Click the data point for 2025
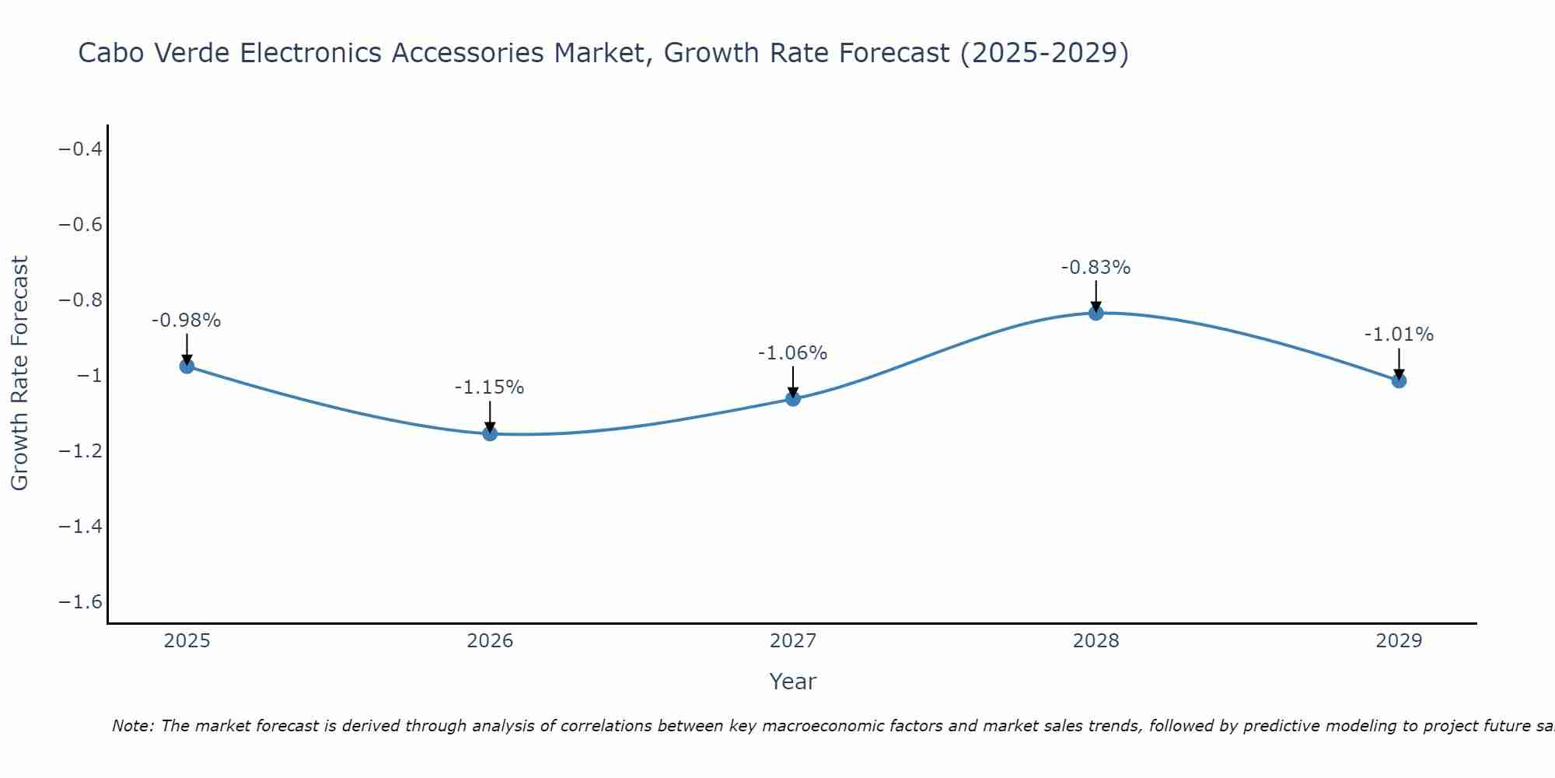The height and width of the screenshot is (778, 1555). pos(187,366)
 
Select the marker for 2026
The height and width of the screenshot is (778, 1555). pos(490,433)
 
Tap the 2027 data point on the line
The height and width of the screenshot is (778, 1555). pos(793,399)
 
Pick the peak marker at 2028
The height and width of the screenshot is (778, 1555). pos(1096,313)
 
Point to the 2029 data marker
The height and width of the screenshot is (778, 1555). pos(1399,380)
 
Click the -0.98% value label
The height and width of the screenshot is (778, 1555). pos(187,321)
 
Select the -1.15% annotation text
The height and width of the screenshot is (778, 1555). pos(490,387)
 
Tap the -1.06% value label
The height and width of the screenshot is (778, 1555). pos(793,353)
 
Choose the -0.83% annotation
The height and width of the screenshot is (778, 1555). pos(1096,268)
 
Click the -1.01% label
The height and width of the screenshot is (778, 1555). pos(1399,335)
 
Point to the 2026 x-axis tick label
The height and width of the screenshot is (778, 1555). pos(490,641)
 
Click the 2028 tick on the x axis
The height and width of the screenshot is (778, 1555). pos(1096,641)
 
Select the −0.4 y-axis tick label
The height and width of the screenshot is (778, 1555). pos(81,149)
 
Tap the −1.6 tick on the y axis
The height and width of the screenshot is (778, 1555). pos(81,602)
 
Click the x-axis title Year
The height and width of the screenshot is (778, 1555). pos(792,682)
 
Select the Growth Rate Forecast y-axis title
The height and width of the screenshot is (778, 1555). pos(19,373)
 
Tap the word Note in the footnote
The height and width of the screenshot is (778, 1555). pos(132,726)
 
